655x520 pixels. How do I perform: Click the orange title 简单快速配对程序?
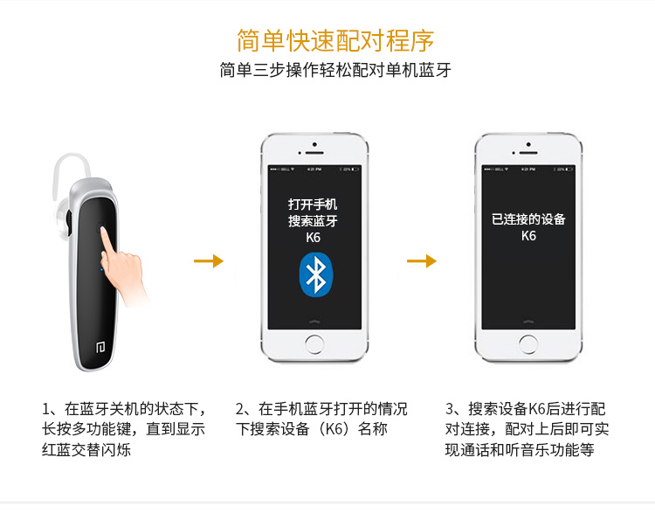(335, 40)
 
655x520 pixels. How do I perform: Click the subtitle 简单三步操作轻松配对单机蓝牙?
(335, 70)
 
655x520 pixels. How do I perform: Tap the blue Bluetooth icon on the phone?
(316, 274)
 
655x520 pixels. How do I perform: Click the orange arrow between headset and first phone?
(209, 260)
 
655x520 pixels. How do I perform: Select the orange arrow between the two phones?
(422, 260)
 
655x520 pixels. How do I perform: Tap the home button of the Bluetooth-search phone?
(314, 344)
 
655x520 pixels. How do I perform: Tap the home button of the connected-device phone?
(528, 344)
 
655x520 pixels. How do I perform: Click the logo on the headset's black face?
(100, 347)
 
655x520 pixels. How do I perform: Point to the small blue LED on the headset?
(101, 270)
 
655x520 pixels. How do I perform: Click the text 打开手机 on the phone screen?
(313, 205)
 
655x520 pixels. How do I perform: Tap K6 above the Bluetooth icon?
(313, 238)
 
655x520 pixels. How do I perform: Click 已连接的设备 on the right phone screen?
(528, 219)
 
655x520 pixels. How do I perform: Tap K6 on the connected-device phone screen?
(528, 236)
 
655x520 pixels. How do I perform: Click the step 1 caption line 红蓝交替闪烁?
(86, 450)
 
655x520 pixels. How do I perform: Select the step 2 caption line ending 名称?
(312, 429)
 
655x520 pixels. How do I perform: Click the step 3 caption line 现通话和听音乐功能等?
(520, 450)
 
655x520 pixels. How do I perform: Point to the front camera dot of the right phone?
(528, 144)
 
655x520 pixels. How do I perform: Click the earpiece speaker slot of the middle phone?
(314, 153)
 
